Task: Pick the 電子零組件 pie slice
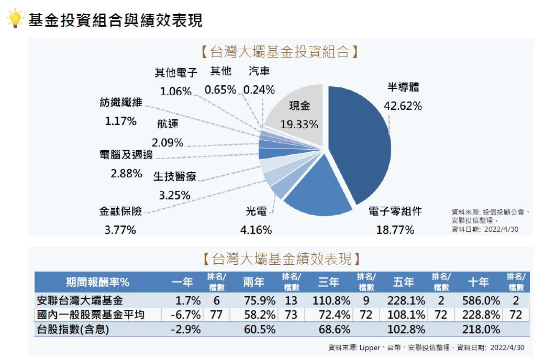pos(314,191)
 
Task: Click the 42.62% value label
pos(403,106)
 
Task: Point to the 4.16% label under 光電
pos(256,229)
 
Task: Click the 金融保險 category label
pos(120,211)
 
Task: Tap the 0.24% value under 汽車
pos(259,89)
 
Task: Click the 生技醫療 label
pos(175,176)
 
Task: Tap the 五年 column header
pos(404,282)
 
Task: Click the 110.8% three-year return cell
pos(331,301)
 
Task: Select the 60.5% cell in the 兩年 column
pos(260,330)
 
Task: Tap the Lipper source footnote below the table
pos(426,347)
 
